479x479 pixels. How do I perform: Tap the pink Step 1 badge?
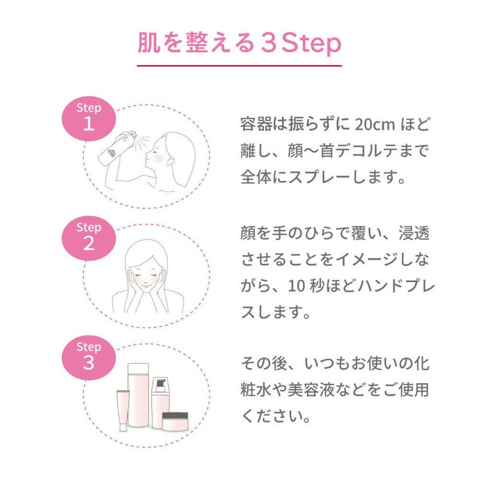[x=89, y=119]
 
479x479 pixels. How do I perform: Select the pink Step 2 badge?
[x=89, y=238]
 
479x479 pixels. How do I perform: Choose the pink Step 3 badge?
[x=89, y=357]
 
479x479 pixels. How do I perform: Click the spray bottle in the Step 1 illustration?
[x=117, y=148]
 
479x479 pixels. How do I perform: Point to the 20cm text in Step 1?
[x=375, y=125]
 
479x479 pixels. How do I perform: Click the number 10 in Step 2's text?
[x=296, y=286]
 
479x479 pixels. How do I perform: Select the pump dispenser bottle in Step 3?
[x=160, y=402]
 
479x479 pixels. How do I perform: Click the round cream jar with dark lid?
[x=175, y=422]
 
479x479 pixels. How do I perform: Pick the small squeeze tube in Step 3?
[x=123, y=410]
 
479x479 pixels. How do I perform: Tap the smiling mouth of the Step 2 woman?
[x=146, y=286]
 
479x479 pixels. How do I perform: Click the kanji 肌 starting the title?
[x=149, y=43]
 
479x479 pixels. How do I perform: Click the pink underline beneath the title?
[x=239, y=66]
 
